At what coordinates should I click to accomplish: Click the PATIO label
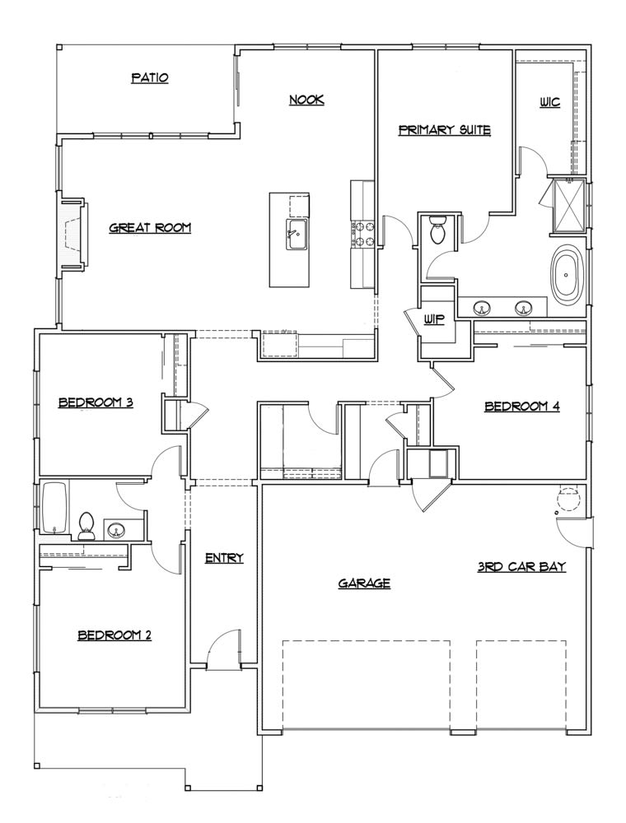[x=150, y=78]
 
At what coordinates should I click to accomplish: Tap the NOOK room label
[x=306, y=100]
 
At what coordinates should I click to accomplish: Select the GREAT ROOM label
[x=150, y=228]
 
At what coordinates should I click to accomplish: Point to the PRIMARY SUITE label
[x=445, y=130]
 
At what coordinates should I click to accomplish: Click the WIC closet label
[x=549, y=103]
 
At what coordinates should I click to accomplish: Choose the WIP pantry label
[x=435, y=320]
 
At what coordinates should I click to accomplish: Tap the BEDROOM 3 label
[x=96, y=403]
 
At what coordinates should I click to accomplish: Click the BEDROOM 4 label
[x=522, y=406]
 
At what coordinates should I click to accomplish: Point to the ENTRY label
[x=224, y=558]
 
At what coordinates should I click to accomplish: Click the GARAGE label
[x=364, y=584]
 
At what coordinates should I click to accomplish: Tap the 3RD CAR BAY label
[x=521, y=567]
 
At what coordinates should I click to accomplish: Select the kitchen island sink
[x=296, y=233]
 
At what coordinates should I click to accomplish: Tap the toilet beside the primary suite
[x=438, y=230]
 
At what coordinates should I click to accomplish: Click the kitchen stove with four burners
[x=362, y=233]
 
